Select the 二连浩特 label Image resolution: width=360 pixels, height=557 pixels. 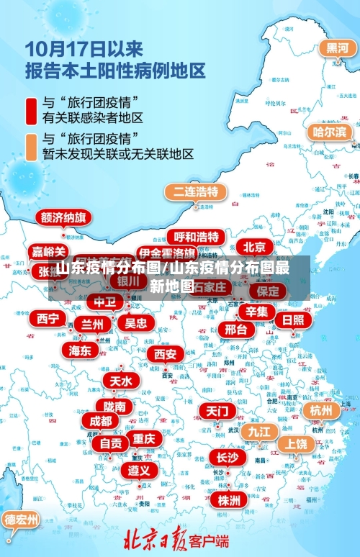[196, 192]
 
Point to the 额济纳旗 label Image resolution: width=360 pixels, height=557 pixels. [63, 217]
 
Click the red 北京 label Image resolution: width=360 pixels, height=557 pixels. [254, 247]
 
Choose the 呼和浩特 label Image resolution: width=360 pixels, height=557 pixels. [197, 237]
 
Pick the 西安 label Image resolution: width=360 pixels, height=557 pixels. [166, 354]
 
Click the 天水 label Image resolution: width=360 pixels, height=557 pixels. [121, 380]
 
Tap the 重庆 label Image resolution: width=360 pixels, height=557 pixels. [143, 438]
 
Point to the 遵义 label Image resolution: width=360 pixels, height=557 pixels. [139, 470]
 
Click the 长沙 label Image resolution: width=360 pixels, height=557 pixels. [227, 457]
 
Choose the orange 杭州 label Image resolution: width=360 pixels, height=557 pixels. [321, 409]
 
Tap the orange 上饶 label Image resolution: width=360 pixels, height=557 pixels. [294, 444]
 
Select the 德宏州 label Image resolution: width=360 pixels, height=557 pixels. [21, 519]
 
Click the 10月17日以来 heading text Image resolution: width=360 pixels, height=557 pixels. [84, 49]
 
